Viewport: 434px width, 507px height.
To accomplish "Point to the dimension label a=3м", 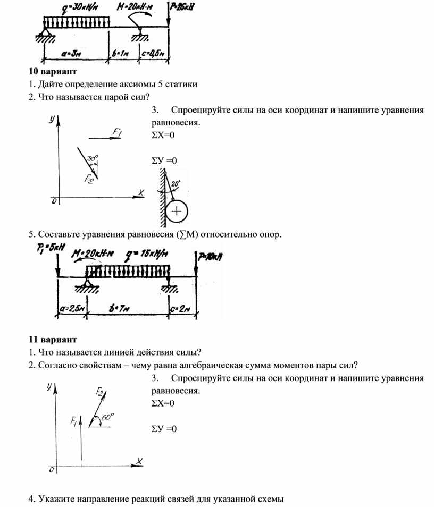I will click(x=73, y=53).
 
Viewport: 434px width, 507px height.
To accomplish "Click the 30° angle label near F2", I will click(x=93, y=158).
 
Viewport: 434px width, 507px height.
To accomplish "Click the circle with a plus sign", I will click(x=177, y=212).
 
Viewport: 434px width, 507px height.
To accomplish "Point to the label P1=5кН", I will click(x=48, y=247).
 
